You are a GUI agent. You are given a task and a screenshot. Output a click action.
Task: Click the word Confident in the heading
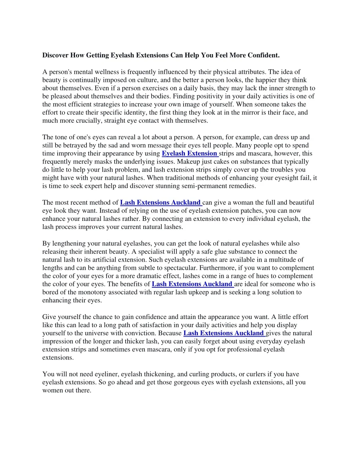click(263, 55)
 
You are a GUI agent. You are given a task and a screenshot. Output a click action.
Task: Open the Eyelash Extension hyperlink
click(189, 153)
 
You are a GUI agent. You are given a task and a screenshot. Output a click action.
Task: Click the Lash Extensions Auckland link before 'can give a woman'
click(160, 203)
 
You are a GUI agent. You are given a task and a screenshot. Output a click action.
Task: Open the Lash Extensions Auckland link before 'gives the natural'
click(224, 333)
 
